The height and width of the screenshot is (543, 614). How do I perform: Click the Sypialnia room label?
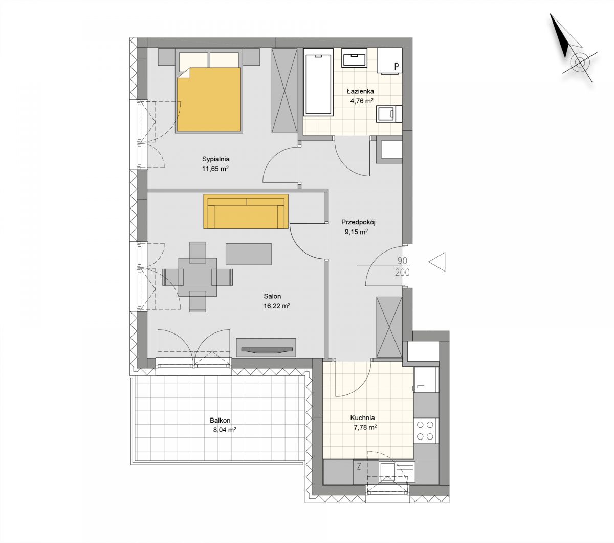pyautogui.click(x=216, y=159)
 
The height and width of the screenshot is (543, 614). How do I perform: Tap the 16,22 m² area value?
pyautogui.click(x=277, y=306)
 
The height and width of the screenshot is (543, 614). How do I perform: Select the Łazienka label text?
pyautogui.click(x=360, y=91)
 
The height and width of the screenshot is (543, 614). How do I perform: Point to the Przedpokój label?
pyautogui.click(x=358, y=222)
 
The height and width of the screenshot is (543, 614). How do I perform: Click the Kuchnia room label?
pyautogui.click(x=362, y=417)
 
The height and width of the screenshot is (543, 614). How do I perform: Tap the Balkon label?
pyautogui.click(x=220, y=421)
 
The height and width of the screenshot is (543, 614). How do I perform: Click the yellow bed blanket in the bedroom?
pyautogui.click(x=209, y=99)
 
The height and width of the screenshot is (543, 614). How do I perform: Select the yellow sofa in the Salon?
pyautogui.click(x=246, y=211)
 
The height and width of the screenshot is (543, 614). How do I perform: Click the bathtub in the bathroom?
pyautogui.click(x=318, y=85)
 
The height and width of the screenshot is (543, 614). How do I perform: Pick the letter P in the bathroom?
pyautogui.click(x=396, y=67)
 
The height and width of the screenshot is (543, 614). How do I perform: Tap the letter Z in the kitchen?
pyautogui.click(x=359, y=467)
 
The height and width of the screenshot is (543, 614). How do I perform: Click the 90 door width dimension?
pyautogui.click(x=402, y=261)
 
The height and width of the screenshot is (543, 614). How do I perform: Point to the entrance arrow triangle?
pyautogui.click(x=437, y=262)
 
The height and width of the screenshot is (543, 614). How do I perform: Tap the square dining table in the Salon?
pyautogui.click(x=198, y=277)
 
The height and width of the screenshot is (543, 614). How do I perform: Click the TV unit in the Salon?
pyautogui.click(x=266, y=347)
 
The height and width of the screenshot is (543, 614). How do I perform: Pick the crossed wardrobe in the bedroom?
pyautogui.click(x=284, y=90)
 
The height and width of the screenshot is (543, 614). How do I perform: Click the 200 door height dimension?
pyautogui.click(x=402, y=273)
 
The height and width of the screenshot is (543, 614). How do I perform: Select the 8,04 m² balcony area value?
pyautogui.click(x=225, y=430)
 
